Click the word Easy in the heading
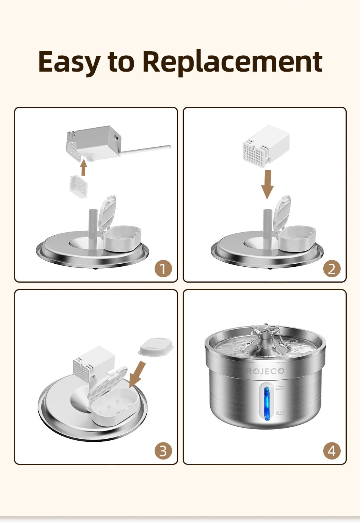(x=69, y=62)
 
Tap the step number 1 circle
(x=163, y=269)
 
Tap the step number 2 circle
(x=332, y=269)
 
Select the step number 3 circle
(x=163, y=451)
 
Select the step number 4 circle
(x=332, y=451)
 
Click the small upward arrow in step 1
(x=84, y=167)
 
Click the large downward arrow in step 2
(x=268, y=184)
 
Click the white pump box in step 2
(x=266, y=145)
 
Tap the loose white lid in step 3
(x=155, y=347)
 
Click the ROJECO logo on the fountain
(x=265, y=371)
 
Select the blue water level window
(x=266, y=403)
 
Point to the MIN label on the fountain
(x=280, y=412)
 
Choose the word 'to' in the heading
(x=121, y=62)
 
